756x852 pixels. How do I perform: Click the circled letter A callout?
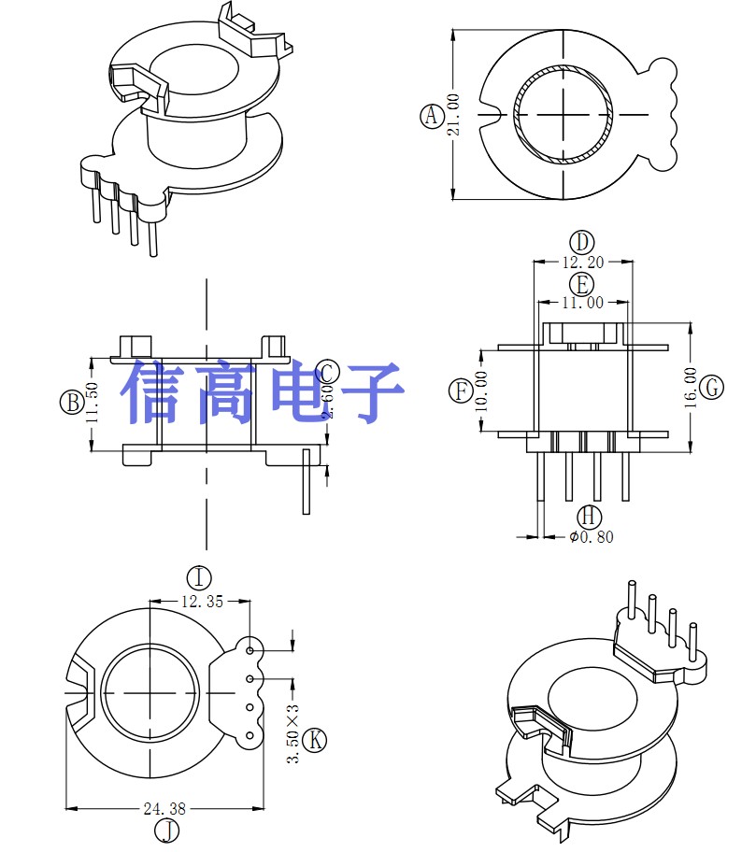pos(431,116)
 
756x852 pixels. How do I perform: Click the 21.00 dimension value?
pos(454,115)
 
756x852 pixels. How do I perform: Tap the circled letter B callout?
pos(71,403)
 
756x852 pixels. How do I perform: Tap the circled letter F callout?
pos(461,390)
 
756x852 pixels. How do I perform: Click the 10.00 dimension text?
pos(482,390)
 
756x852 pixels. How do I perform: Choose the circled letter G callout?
pos(712,387)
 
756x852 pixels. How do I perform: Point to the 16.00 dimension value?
pos(691,387)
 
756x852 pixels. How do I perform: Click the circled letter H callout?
pos(589,516)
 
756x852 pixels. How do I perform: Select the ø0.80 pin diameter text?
pos(592,537)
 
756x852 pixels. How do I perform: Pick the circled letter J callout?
pos(165,829)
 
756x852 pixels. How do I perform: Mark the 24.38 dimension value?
pos(164,808)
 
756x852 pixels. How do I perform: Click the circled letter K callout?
pos(317,740)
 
